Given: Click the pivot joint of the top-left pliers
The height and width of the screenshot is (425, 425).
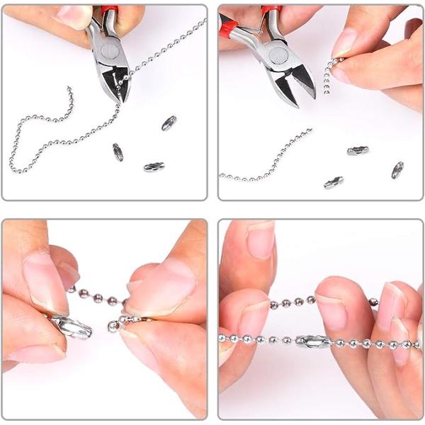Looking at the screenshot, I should [107, 48].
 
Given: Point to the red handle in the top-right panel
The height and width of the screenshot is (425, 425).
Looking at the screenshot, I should [270, 11].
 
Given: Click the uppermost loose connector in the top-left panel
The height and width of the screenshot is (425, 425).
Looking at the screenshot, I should [169, 123].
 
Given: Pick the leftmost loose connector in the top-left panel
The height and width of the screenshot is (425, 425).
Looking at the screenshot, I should [118, 152].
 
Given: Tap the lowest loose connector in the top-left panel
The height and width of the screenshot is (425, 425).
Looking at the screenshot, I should [154, 167].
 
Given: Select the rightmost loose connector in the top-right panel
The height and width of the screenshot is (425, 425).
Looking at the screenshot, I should [397, 170].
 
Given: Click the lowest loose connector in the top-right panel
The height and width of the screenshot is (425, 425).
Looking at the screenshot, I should [334, 183].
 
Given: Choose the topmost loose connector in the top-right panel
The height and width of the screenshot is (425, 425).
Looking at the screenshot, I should [358, 151].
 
